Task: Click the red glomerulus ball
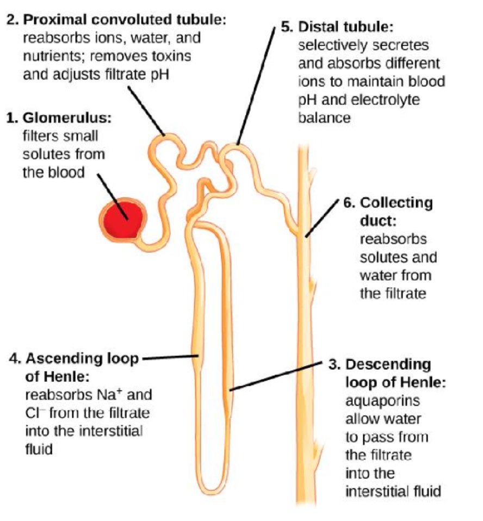tap(122, 220)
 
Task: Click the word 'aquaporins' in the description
tap(376, 401)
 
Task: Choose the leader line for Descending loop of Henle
tap(277, 376)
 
